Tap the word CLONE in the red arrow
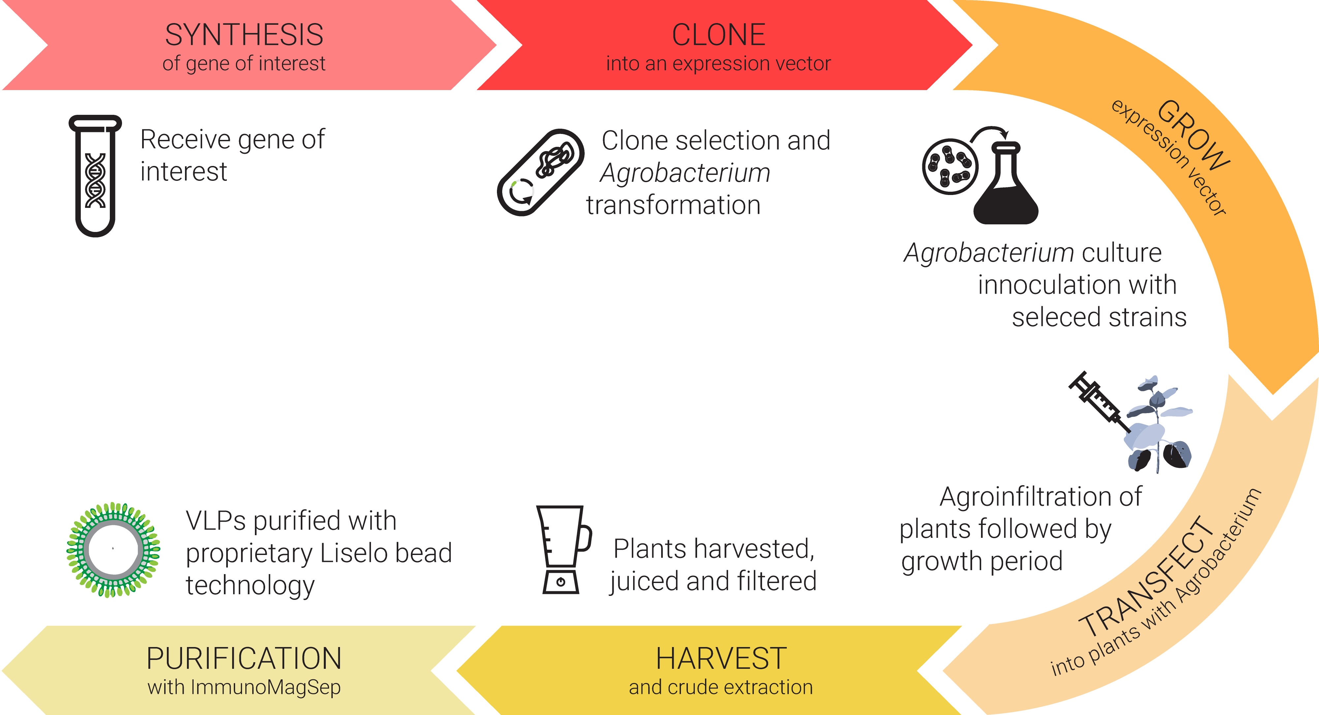pos(719,35)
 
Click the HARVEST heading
pos(721,658)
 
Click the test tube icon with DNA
pos(95,176)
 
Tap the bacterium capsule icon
pos(541,172)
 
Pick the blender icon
pos(563,550)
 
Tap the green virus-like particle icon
pos(113,550)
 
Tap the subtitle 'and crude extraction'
pos(721,687)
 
